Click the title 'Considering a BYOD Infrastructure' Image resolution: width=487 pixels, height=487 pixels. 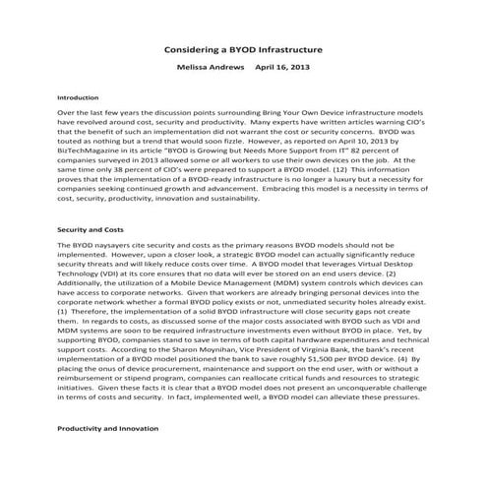[243, 47]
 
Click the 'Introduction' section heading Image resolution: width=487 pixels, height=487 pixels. [79, 98]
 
